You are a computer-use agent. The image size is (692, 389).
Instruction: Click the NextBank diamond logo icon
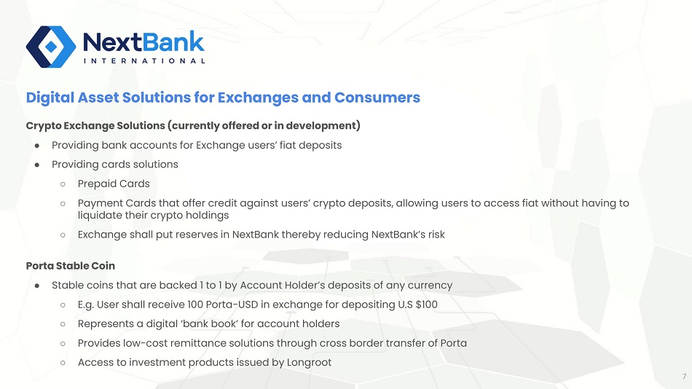[x=51, y=47]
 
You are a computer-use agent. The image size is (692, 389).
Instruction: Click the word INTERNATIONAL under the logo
[x=144, y=61]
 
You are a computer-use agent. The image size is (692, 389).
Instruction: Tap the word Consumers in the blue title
[x=377, y=97]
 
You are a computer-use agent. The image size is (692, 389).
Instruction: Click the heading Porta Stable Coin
[x=71, y=266]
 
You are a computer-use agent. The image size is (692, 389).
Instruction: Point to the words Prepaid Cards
[x=114, y=184]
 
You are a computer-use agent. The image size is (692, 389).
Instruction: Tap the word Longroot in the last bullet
[x=309, y=363]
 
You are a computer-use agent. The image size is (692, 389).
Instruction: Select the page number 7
[x=685, y=377]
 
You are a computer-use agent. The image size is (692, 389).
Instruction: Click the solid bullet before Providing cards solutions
[x=37, y=165]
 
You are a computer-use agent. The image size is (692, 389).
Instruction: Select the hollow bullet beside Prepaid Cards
[x=63, y=184]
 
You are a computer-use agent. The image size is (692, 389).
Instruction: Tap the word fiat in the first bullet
[x=287, y=145]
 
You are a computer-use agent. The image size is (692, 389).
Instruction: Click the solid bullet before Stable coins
[x=37, y=286]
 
